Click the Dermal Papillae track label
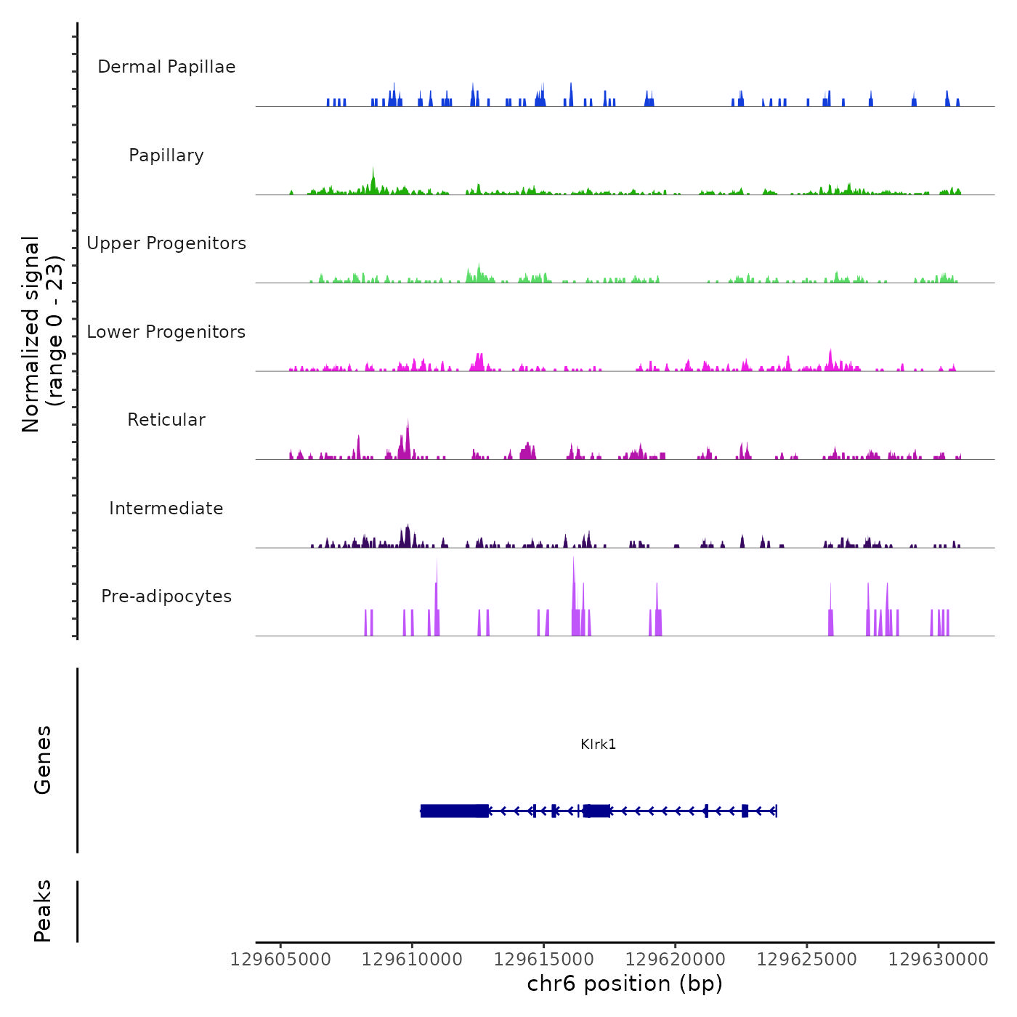tap(166, 67)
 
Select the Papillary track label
tap(166, 155)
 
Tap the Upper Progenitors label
tap(166, 243)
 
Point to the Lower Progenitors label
tap(166, 332)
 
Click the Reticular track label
tap(166, 420)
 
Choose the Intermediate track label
tap(166, 508)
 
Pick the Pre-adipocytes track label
tap(166, 596)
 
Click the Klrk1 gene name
tap(598, 744)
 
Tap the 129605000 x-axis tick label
tap(280, 960)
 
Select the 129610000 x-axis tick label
tap(412, 960)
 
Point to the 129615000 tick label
tap(544, 960)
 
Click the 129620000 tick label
tap(676, 960)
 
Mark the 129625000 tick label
tap(807, 960)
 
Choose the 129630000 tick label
tap(939, 960)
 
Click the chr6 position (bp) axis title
tap(625, 984)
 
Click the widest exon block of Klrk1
tap(454, 811)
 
